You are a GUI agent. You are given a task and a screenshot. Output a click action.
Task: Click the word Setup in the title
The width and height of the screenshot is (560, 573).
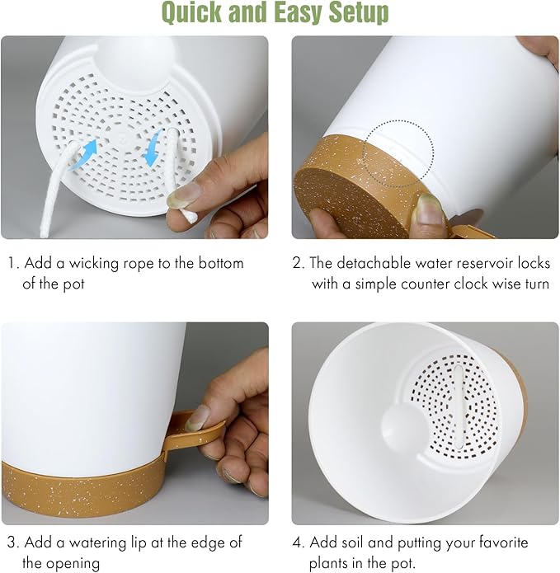tap(355, 13)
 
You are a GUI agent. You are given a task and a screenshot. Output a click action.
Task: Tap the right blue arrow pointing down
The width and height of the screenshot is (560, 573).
tap(152, 151)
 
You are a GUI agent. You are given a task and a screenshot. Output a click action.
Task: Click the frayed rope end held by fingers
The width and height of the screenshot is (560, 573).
tap(183, 215)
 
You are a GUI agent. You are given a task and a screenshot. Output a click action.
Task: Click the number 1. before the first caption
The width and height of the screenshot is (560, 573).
tap(12, 264)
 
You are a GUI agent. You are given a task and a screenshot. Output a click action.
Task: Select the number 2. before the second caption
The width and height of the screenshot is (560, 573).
tap(299, 264)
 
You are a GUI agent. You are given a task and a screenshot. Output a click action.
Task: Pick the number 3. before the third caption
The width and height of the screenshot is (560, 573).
tap(12, 542)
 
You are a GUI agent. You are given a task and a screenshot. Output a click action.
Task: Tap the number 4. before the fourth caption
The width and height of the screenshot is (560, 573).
tap(299, 542)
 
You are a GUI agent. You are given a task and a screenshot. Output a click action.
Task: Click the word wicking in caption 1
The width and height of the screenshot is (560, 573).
tap(93, 264)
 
